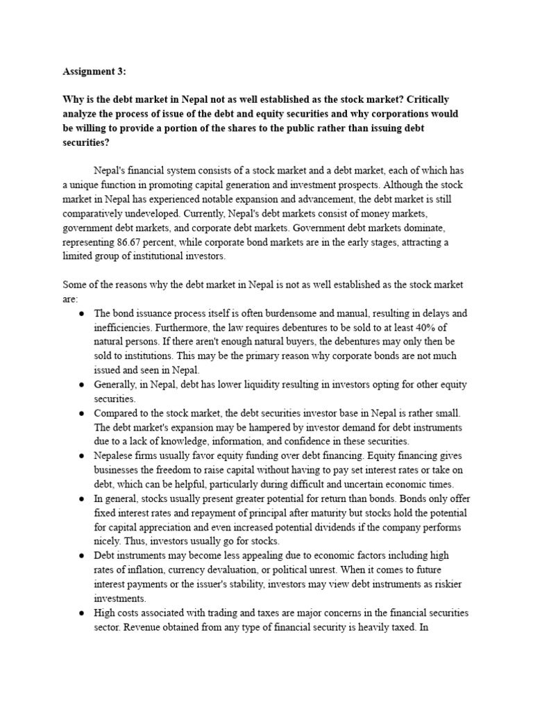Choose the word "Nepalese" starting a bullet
(115, 455)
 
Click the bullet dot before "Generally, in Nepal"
(81, 385)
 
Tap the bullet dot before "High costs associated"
(81, 612)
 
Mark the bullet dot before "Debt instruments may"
(81, 555)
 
